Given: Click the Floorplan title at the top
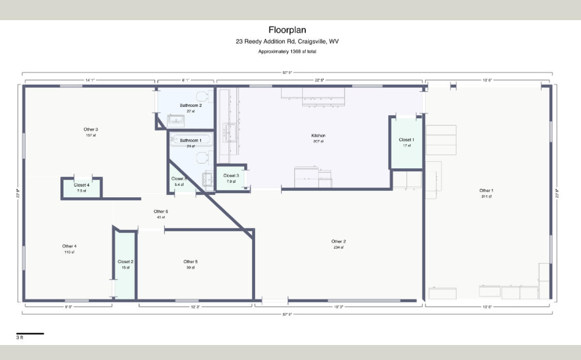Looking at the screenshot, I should [x=287, y=30].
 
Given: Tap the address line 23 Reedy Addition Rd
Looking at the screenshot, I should [x=287, y=42].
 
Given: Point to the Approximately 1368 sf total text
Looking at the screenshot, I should [x=287, y=52].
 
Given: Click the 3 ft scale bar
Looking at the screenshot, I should [x=30, y=334].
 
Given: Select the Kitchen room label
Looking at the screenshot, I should [x=318, y=136].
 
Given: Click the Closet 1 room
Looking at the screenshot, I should [x=406, y=143].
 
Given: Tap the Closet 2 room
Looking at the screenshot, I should [x=125, y=264].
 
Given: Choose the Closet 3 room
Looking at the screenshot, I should [x=231, y=178].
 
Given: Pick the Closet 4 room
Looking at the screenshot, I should [x=81, y=187].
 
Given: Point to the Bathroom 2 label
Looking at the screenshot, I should [x=191, y=105].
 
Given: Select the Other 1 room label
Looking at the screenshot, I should [x=485, y=191].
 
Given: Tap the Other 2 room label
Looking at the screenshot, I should [x=338, y=241].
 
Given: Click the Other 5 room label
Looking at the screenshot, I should [x=190, y=262].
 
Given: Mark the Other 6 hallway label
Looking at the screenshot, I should [x=161, y=211].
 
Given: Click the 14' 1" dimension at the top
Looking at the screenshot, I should [x=90, y=80].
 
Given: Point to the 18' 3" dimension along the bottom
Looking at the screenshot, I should [x=338, y=307].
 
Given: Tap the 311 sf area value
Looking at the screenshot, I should [x=486, y=197].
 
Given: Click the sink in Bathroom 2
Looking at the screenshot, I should [x=177, y=121].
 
